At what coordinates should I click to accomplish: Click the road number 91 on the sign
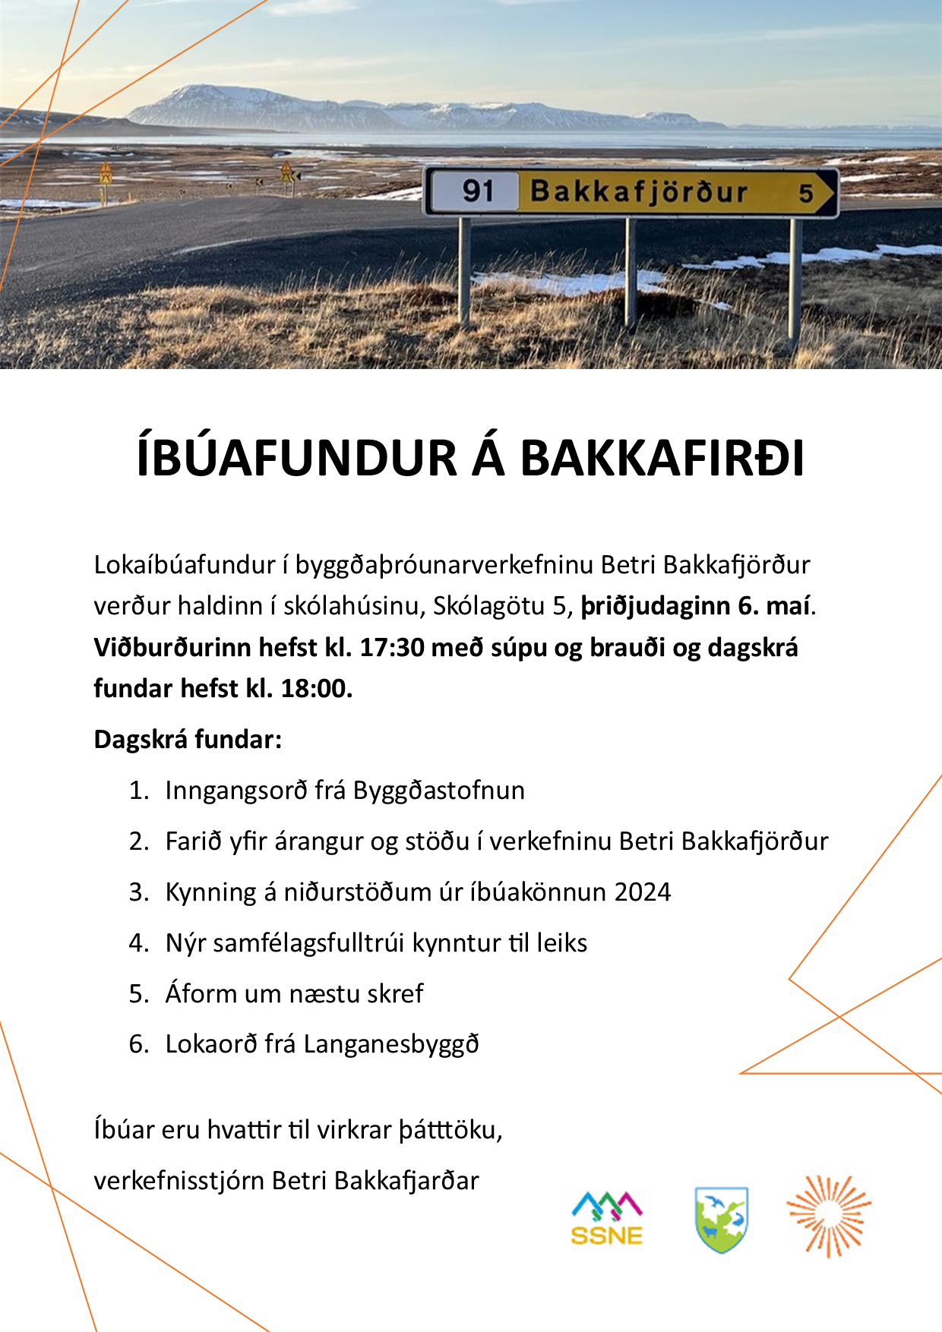click(x=478, y=191)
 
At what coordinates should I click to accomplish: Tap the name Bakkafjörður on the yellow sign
click(x=639, y=192)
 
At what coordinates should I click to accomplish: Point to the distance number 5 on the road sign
click(x=806, y=193)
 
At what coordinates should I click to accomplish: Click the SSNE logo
click(x=607, y=1218)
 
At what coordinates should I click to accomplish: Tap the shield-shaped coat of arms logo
click(x=722, y=1220)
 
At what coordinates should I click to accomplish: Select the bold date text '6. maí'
click(x=773, y=606)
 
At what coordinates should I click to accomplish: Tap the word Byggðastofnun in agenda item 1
click(x=439, y=791)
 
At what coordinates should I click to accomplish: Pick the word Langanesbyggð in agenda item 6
click(x=391, y=1044)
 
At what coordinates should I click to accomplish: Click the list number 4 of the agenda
click(x=138, y=943)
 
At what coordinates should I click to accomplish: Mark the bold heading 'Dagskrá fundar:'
click(x=188, y=740)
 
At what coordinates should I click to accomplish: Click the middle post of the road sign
click(x=631, y=273)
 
